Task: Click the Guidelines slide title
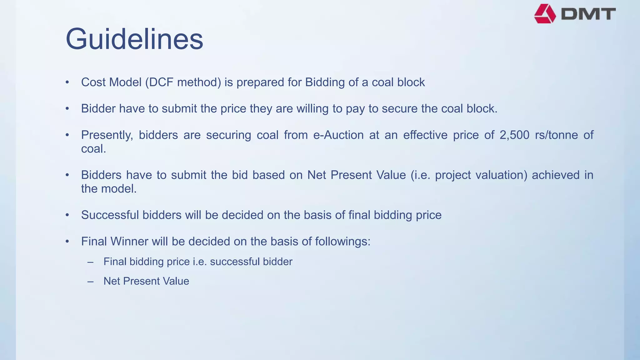(x=134, y=39)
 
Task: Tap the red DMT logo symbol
(x=545, y=14)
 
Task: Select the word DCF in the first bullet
(x=161, y=82)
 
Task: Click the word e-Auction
(x=338, y=135)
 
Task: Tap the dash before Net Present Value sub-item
(x=91, y=282)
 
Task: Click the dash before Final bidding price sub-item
(x=91, y=262)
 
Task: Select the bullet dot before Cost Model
(x=67, y=82)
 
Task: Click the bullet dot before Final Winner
(x=67, y=242)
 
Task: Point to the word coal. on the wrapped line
(x=93, y=149)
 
